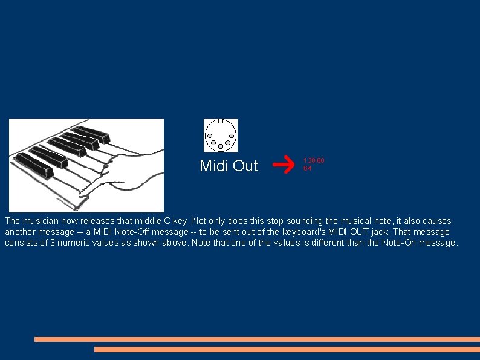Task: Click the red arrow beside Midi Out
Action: tap(281, 163)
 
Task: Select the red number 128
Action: tap(309, 160)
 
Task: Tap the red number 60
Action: tap(320, 160)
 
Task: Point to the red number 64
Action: tap(307, 168)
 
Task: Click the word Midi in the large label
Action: tap(214, 165)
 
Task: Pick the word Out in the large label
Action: tap(245, 165)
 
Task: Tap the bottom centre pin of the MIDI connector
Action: tap(221, 146)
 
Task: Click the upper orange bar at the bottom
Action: tap(257, 339)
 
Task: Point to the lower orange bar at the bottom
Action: tap(287, 349)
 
